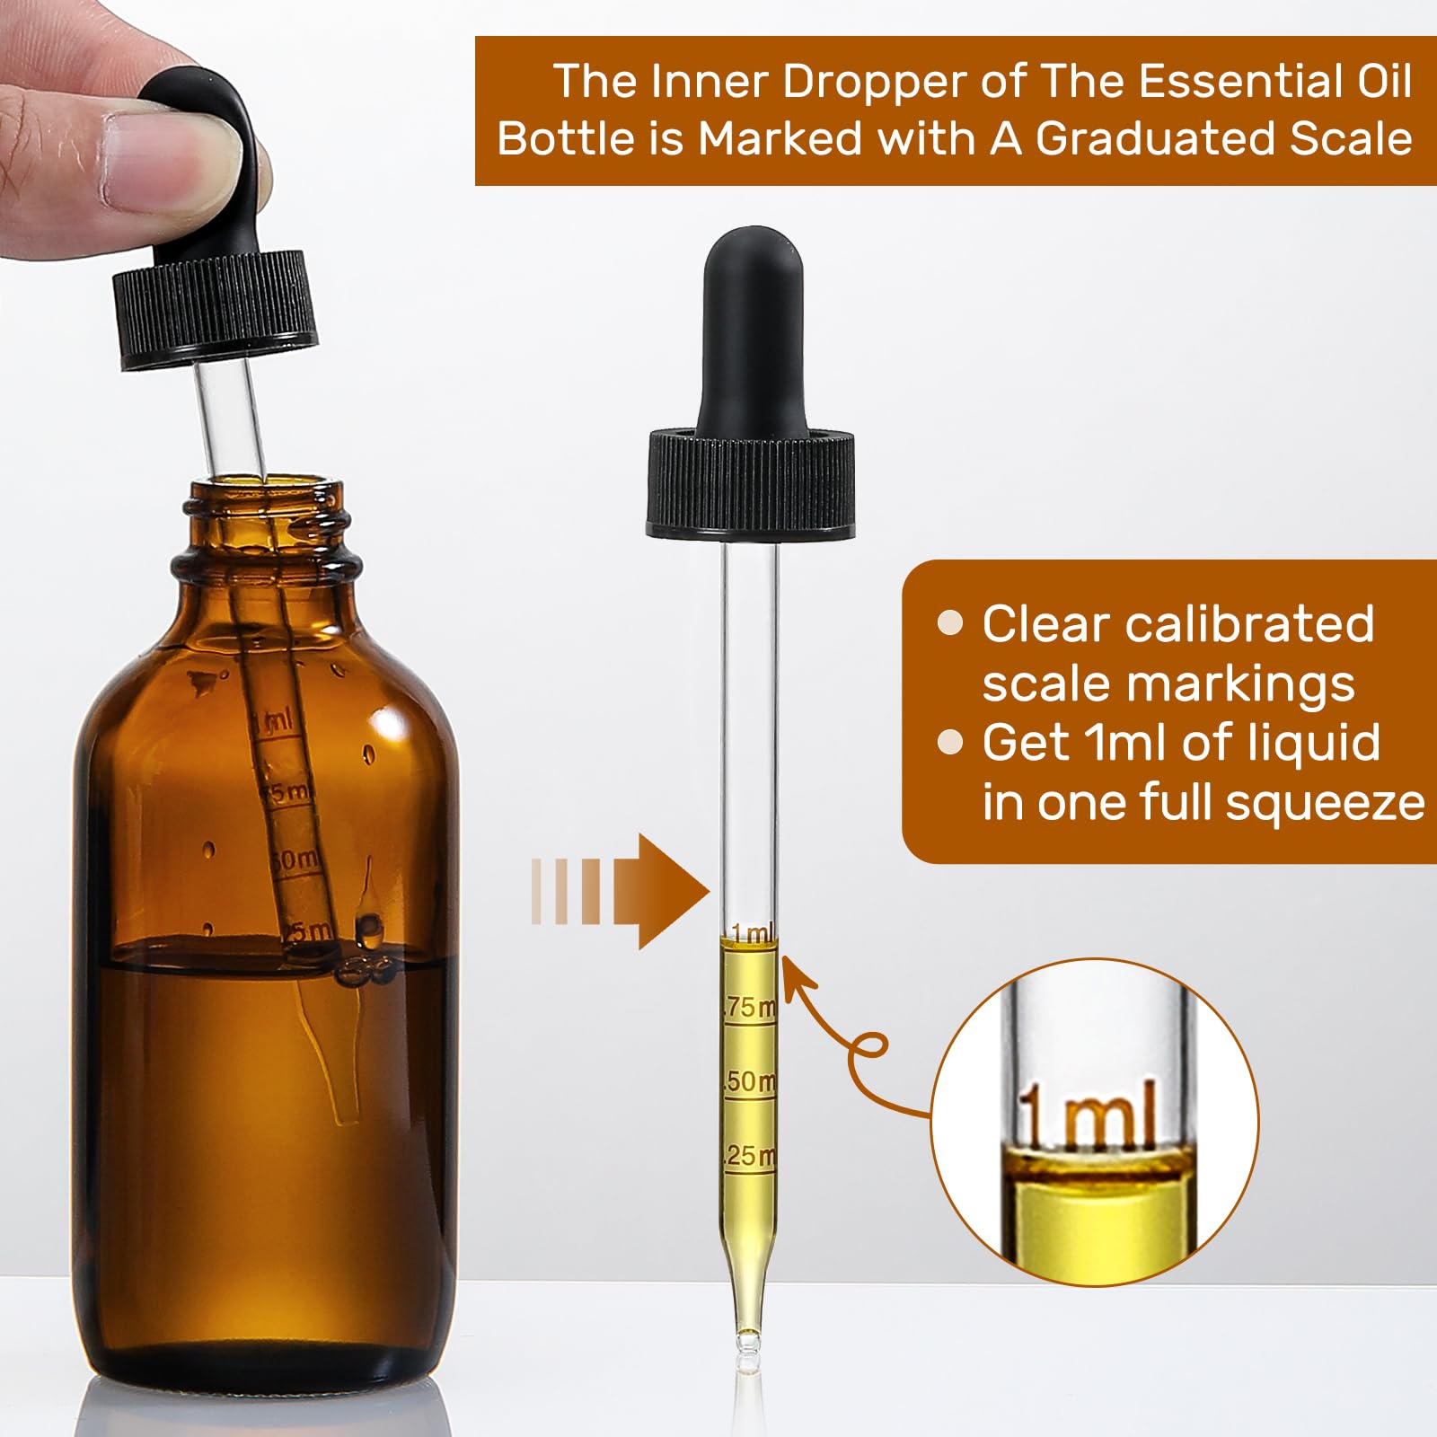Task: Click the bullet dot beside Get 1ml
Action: [x=949, y=742]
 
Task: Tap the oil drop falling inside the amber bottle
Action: [x=369, y=925]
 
